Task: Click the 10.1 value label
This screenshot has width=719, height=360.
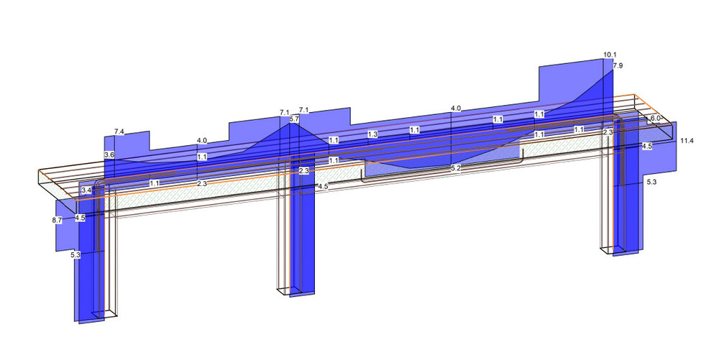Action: pyautogui.click(x=610, y=55)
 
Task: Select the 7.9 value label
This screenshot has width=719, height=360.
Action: pyautogui.click(x=617, y=65)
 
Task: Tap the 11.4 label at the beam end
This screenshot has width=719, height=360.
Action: pyautogui.click(x=687, y=141)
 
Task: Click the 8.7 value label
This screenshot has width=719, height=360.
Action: pyautogui.click(x=57, y=219)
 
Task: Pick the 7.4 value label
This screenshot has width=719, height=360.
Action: pyautogui.click(x=119, y=132)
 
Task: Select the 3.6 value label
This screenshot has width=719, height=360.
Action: pyautogui.click(x=109, y=155)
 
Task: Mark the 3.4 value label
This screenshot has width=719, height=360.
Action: pyautogui.click(x=86, y=190)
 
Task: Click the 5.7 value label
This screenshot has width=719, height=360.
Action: pyautogui.click(x=293, y=119)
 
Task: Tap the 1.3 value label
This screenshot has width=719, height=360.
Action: pyautogui.click(x=372, y=134)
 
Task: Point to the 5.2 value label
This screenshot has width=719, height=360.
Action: pyautogui.click(x=456, y=168)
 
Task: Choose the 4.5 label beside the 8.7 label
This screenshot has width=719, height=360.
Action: pyautogui.click(x=80, y=218)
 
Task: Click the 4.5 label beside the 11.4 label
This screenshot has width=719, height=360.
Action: pyautogui.click(x=647, y=146)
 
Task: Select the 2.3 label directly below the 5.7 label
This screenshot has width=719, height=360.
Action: pyautogui.click(x=303, y=171)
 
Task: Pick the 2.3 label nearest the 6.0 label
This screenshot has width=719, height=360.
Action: pyautogui.click(x=608, y=132)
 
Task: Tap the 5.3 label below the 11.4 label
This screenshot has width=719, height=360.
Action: pyautogui.click(x=651, y=183)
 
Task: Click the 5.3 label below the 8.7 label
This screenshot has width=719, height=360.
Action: pyautogui.click(x=75, y=254)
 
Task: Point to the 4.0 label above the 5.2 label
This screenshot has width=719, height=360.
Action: pyautogui.click(x=455, y=109)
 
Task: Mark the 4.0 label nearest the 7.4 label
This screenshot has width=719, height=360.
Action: pyautogui.click(x=202, y=141)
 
